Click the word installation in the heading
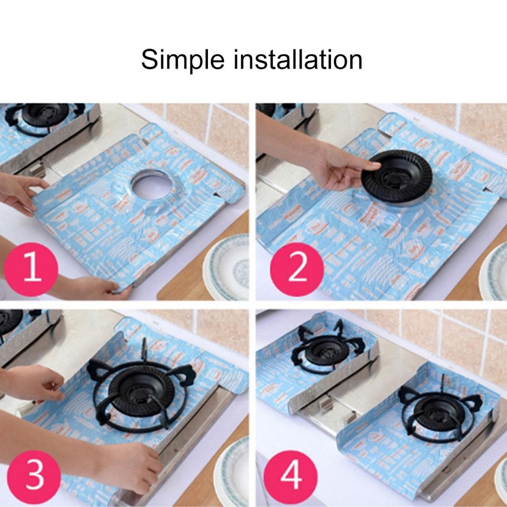[298, 60]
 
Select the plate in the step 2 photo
[494, 271]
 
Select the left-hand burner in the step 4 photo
[325, 350]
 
